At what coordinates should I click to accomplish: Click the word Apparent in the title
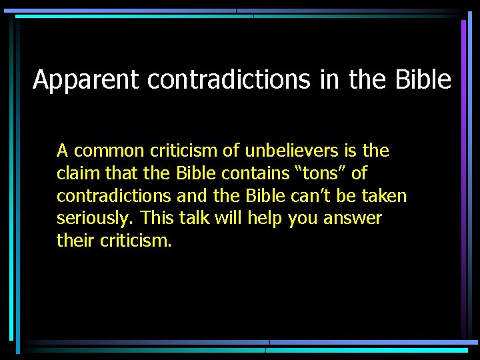pyautogui.click(x=87, y=80)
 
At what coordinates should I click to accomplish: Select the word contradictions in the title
pyautogui.click(x=229, y=80)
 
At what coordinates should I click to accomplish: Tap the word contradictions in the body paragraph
pyautogui.click(x=112, y=196)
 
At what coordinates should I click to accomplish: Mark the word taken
pyautogui.click(x=383, y=196)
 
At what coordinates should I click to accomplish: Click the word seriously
pyautogui.click(x=91, y=219)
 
